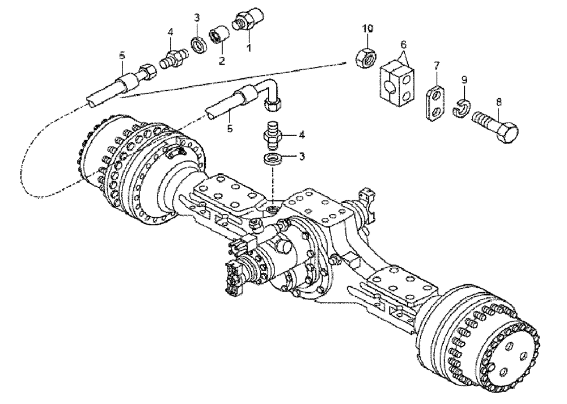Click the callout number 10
click(x=369, y=28)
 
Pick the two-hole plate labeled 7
click(x=435, y=102)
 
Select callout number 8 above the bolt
click(x=499, y=102)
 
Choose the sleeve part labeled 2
click(x=218, y=35)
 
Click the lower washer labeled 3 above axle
click(x=273, y=158)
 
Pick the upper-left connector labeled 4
click(x=171, y=59)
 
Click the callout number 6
click(x=404, y=44)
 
